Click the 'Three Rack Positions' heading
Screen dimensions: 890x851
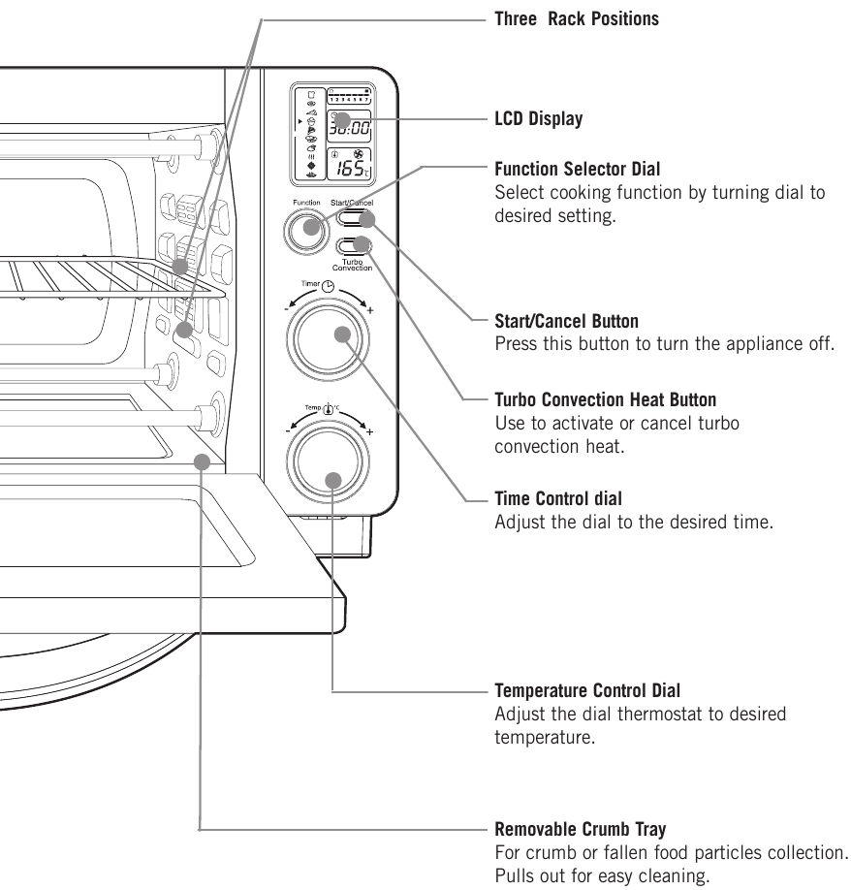coord(577,18)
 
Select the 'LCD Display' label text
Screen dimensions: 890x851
coord(539,119)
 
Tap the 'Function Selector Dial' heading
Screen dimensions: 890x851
coord(578,170)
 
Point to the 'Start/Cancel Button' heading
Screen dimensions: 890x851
coord(567,320)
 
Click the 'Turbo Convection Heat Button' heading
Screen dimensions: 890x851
coord(606,399)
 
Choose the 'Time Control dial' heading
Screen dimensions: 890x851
coord(558,499)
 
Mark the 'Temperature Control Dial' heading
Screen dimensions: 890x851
coord(587,691)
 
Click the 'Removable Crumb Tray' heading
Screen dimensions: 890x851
coord(580,830)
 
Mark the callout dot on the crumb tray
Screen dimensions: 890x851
coord(202,461)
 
